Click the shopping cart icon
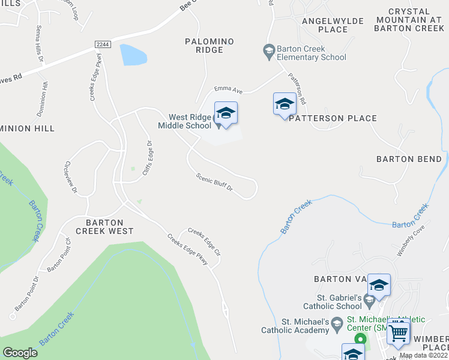pyautogui.click(x=399, y=331)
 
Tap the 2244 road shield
pyautogui.click(x=102, y=45)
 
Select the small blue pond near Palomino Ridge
pyautogui.click(x=133, y=55)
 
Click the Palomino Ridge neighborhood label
pyautogui.click(x=209, y=46)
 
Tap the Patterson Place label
pyautogui.click(x=333, y=118)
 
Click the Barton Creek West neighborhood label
pyautogui.click(x=104, y=226)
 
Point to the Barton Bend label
pyautogui.click(x=409, y=159)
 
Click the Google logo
pyautogui.click(x=20, y=353)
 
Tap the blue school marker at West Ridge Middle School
pyautogui.click(x=226, y=113)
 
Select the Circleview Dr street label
pyautogui.click(x=70, y=178)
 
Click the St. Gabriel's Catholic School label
pyautogui.click(x=339, y=301)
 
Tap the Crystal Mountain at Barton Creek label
pyautogui.click(x=410, y=20)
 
